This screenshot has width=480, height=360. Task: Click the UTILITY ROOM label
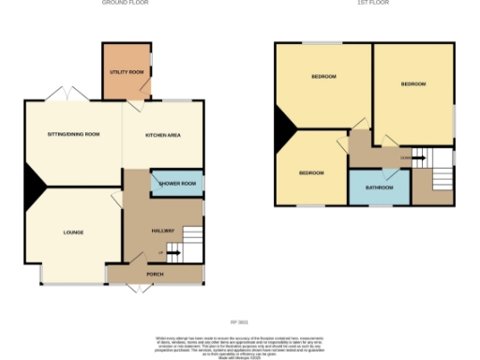pos(126,71)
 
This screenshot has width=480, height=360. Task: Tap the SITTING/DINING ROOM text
pos(73,135)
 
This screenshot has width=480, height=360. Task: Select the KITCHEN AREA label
pos(162,135)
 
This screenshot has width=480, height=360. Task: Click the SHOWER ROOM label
pos(178,183)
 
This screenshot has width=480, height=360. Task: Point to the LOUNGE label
pos(73,232)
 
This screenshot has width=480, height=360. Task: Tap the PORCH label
pos(156,275)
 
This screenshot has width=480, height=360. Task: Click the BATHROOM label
pos(380,187)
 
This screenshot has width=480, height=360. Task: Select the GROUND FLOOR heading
pos(125,4)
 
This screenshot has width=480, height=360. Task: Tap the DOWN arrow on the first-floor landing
pos(406,157)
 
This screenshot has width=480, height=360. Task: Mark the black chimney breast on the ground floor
pos(34,184)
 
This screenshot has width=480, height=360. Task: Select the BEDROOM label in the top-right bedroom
pos(413,84)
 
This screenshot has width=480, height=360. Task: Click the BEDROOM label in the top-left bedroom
pos(323,76)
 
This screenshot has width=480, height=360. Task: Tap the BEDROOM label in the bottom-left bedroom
pos(311,172)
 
